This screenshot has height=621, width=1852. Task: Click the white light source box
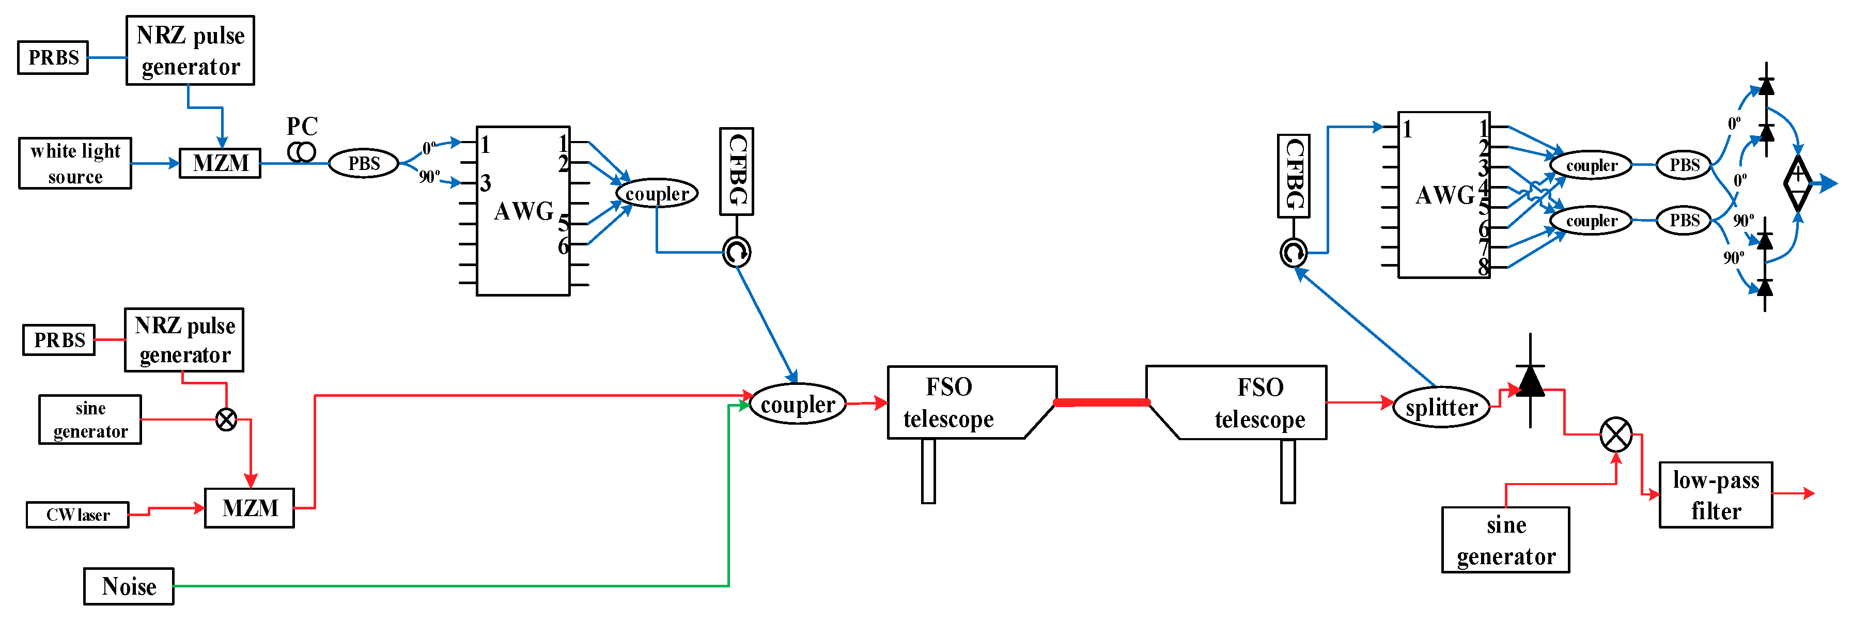coord(75,163)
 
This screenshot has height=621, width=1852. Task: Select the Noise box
coord(129,586)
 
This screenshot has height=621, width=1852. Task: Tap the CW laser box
coord(77,515)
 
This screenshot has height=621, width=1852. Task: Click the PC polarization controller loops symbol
coord(301,152)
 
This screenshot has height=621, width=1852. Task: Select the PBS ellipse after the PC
coord(363,163)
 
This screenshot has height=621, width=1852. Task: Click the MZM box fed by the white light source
coord(220,163)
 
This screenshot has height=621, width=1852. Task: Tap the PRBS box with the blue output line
coord(53,57)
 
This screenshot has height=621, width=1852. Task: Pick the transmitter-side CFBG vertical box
coord(736,171)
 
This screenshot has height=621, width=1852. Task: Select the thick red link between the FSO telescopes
coord(1101,402)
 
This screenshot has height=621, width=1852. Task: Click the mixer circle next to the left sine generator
coord(226,419)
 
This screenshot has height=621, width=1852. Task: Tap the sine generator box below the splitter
coord(1505,540)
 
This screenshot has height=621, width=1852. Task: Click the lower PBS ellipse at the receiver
coord(1683,220)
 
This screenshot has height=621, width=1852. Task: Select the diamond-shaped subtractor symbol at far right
coord(1797,183)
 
